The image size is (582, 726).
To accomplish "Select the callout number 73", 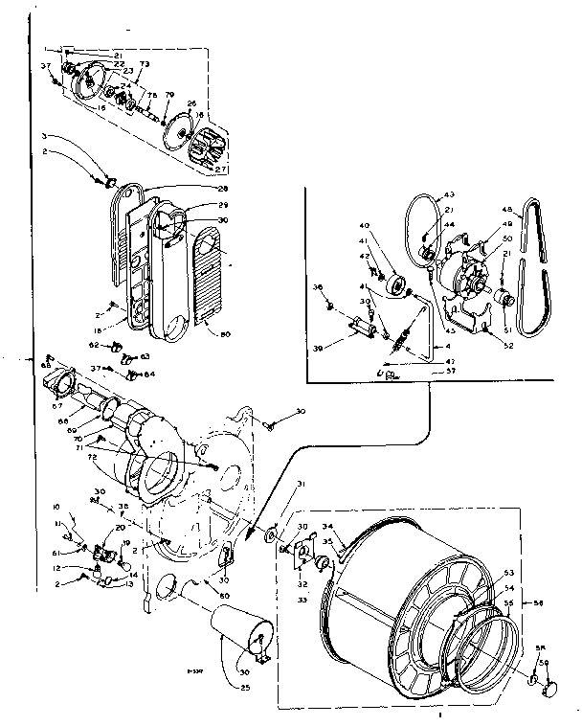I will pos(145,64).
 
